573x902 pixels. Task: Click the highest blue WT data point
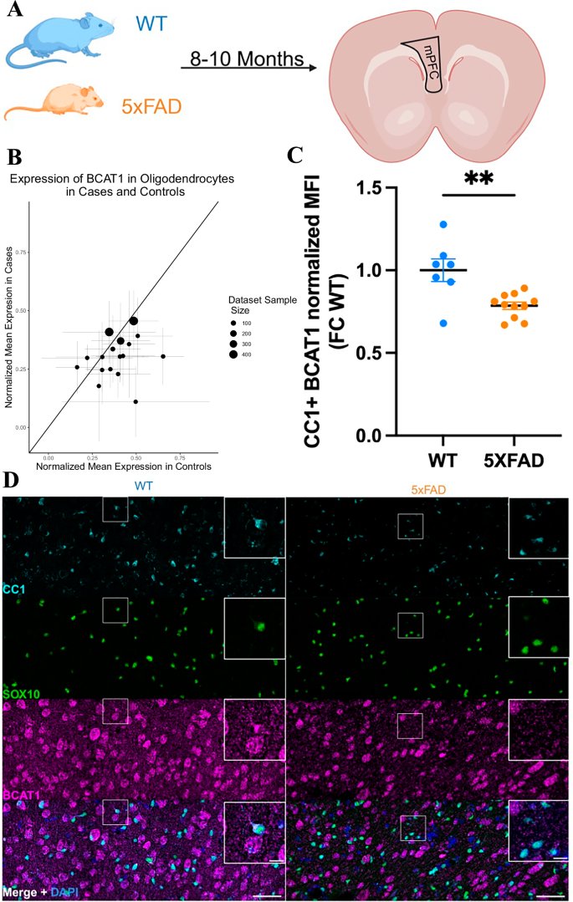coord(443,224)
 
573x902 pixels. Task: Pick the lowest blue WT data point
coord(443,323)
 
